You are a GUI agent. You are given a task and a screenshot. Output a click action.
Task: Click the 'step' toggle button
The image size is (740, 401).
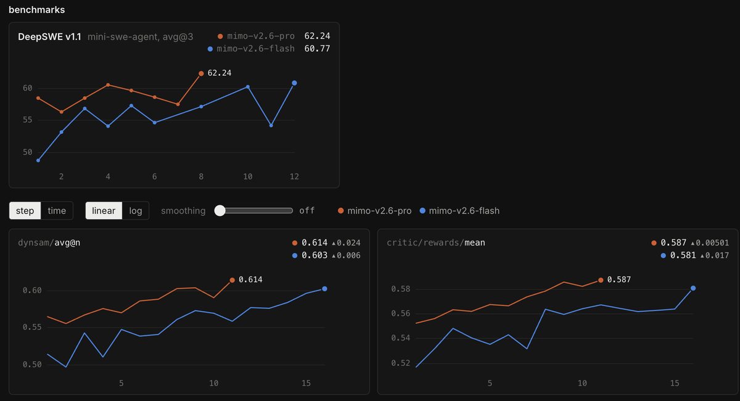tap(25, 210)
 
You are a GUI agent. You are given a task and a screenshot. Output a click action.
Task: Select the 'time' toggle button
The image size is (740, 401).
tap(57, 210)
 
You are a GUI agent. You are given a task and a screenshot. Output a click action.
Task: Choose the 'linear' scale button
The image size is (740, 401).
tap(104, 210)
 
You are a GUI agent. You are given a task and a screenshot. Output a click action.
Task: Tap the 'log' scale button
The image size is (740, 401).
tap(136, 210)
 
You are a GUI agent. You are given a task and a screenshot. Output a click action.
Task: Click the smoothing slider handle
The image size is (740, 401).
tap(220, 210)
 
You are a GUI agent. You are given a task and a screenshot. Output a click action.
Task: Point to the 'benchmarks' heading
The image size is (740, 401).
tap(36, 10)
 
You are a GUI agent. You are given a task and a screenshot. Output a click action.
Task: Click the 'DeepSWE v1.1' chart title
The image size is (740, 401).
tap(49, 36)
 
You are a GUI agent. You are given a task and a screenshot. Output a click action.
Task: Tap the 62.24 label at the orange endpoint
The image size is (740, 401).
tap(220, 73)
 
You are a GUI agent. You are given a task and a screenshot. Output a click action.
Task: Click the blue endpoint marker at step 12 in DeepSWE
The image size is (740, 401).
tap(294, 83)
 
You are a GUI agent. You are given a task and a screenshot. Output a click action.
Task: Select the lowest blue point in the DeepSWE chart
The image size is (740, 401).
tap(38, 160)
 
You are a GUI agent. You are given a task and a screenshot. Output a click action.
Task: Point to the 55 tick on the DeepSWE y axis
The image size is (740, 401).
tap(27, 120)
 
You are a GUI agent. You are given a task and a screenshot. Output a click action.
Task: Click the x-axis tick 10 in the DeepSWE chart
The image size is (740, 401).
tap(248, 177)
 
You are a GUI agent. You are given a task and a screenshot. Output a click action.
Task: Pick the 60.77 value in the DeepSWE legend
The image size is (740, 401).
tap(317, 49)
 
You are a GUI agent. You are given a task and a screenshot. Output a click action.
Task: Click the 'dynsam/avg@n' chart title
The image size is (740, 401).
tap(49, 242)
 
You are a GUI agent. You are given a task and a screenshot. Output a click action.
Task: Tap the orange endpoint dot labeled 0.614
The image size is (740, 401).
tap(232, 280)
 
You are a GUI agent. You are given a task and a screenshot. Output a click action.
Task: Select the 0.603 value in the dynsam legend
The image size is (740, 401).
tap(314, 255)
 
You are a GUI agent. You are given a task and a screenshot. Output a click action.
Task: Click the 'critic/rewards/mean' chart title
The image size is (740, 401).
tap(436, 242)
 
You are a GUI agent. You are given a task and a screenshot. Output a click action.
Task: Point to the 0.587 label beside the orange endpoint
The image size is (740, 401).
tap(619, 279)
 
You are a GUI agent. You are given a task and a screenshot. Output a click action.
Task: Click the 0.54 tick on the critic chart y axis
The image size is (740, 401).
tap(400, 338)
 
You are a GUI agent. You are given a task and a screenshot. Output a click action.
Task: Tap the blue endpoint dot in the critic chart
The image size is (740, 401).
tap(693, 288)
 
